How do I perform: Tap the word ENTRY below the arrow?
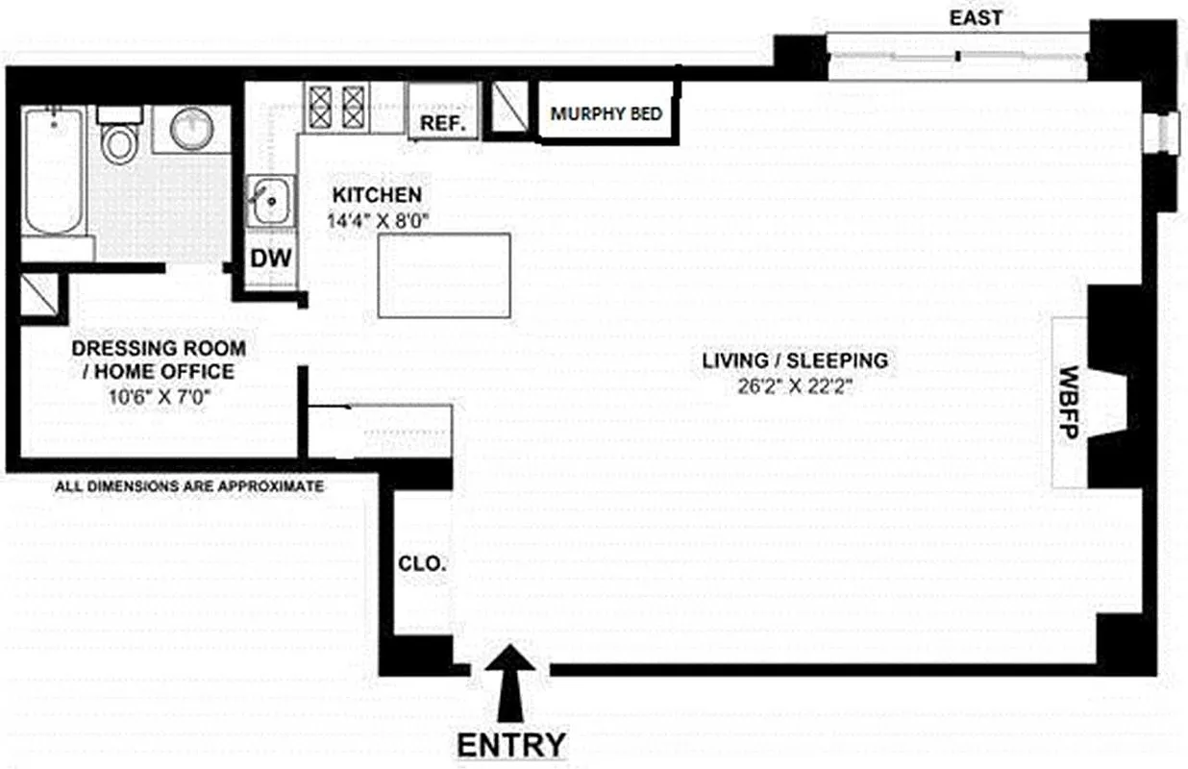[510, 745]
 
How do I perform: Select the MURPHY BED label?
[606, 113]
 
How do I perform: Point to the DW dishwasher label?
[270, 258]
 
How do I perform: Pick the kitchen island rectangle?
[443, 275]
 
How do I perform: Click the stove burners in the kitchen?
[336, 107]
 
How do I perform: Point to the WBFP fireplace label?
[1069, 403]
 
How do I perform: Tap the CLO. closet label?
[422, 564]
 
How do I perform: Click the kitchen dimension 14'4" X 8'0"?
[378, 219]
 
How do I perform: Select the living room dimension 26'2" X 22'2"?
[793, 386]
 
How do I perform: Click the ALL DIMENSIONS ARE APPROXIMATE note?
[189, 487]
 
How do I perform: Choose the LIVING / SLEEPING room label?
[794, 361]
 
